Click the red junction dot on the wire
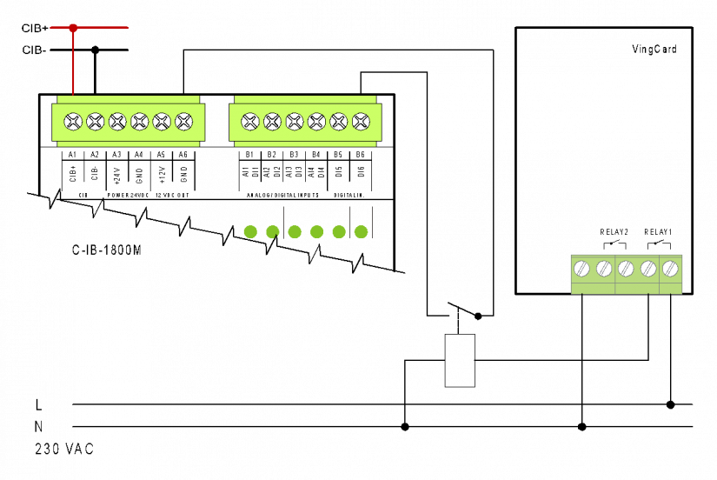pyautogui.click(x=73, y=28)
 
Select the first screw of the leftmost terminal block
pyautogui.click(x=73, y=122)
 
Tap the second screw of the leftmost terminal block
pyautogui.click(x=96, y=122)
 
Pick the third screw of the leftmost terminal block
pyautogui.click(x=117, y=122)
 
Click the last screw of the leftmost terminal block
pyautogui.click(x=184, y=122)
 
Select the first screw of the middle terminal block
pyautogui.click(x=250, y=122)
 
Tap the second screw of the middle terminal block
pyautogui.click(x=273, y=122)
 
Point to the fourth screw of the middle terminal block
pyautogui.click(x=317, y=122)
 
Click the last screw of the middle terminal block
pyautogui.click(x=361, y=122)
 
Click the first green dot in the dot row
pyautogui.click(x=250, y=232)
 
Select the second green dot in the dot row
pyautogui.click(x=273, y=232)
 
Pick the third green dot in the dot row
pyautogui.click(x=295, y=232)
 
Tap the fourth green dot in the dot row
pyautogui.click(x=316, y=232)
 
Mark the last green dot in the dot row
pyautogui.click(x=361, y=232)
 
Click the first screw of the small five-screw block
pyautogui.click(x=581, y=269)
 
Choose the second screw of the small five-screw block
pyautogui.click(x=604, y=269)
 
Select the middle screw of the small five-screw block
pyautogui.click(x=626, y=269)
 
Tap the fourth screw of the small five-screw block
pyautogui.click(x=648, y=269)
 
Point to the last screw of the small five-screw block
pyautogui.click(x=670, y=269)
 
